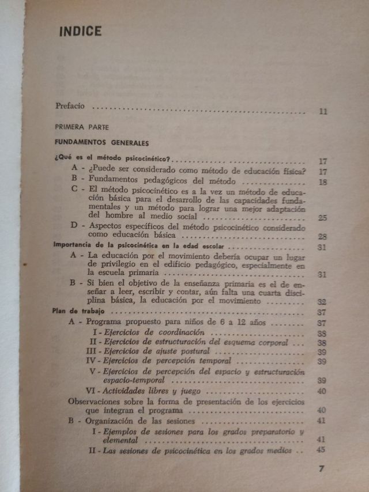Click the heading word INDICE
[80, 31]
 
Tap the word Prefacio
[70, 106]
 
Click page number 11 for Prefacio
[322, 111]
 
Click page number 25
[322, 217]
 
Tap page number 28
[322, 237]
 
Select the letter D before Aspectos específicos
[74, 226]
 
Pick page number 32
[322, 301]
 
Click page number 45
[322, 451]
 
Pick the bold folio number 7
[322, 468]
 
